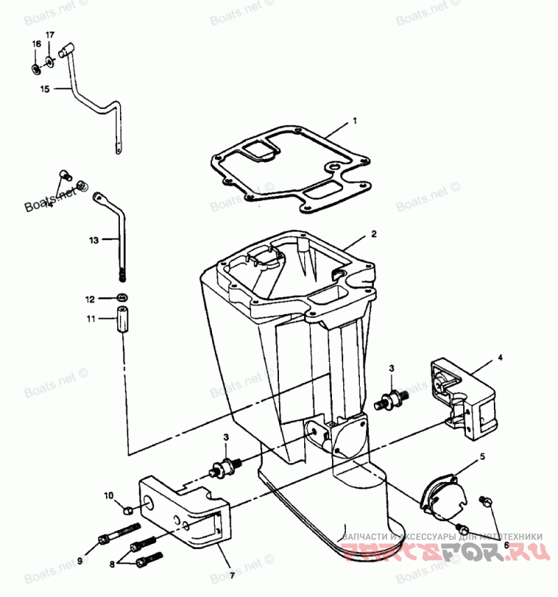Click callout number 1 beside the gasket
coord(354,121)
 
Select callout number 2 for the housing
coord(374,234)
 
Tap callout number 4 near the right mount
coord(499,358)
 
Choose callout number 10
coord(108,496)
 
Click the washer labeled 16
coord(36,68)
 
